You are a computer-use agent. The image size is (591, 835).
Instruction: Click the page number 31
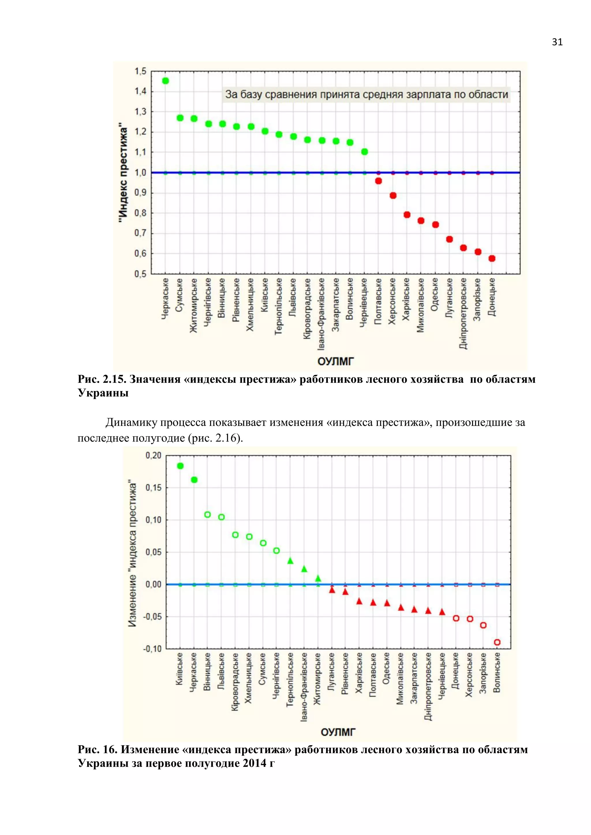tap(557, 42)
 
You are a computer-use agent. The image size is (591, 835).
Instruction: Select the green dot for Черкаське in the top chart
tap(166, 81)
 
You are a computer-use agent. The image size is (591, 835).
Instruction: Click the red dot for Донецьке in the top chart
tap(492, 259)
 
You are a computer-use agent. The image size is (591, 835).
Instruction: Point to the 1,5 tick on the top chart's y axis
tap(141, 71)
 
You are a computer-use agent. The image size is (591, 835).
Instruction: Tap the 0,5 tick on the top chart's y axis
tap(141, 274)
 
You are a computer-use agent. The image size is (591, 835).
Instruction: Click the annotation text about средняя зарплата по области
tap(366, 95)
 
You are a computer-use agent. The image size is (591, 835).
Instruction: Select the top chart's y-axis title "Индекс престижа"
tap(124, 173)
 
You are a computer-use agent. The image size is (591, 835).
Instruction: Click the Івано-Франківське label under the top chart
tap(322, 314)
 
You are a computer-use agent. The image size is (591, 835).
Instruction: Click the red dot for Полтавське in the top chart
tap(379, 181)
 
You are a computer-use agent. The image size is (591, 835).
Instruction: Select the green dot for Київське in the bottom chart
tap(180, 466)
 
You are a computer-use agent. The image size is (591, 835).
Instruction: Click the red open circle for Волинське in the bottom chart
tap(497, 642)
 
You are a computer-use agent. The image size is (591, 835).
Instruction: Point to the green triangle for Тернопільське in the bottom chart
tap(290, 561)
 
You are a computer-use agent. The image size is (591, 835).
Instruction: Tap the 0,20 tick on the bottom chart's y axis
tap(153, 455)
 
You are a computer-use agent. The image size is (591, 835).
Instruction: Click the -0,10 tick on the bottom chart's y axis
tap(152, 649)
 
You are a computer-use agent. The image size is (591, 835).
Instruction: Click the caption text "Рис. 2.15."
tap(102, 379)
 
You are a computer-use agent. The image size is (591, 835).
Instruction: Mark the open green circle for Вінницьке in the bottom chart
tap(207, 515)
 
